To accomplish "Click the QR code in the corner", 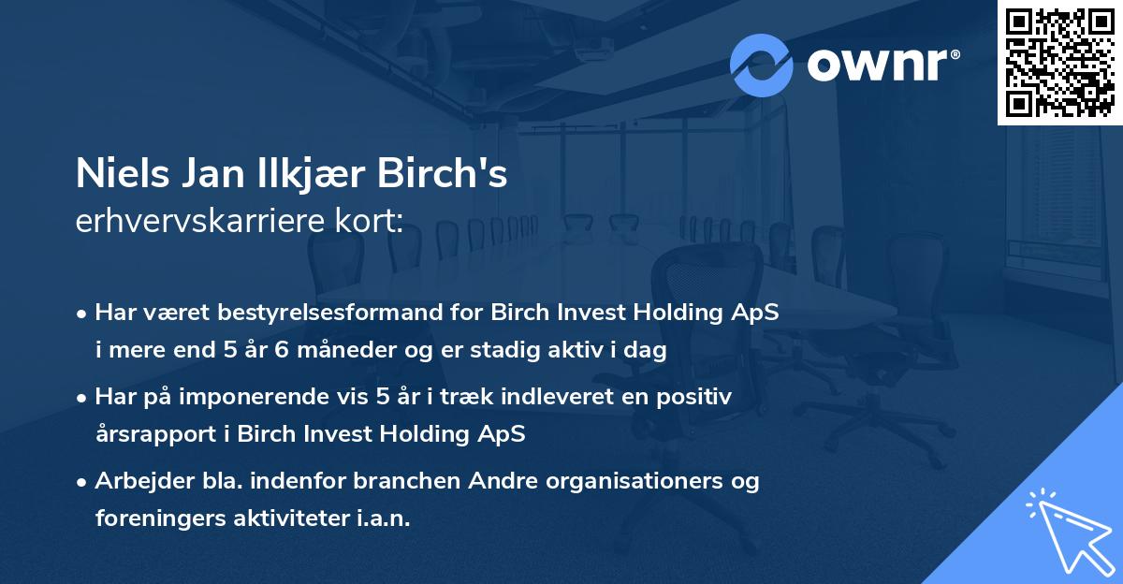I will pos(1059,62).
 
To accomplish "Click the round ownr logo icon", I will pos(761,66).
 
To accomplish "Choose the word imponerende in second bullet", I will pos(275,397).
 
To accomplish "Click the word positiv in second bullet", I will pos(698,397).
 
